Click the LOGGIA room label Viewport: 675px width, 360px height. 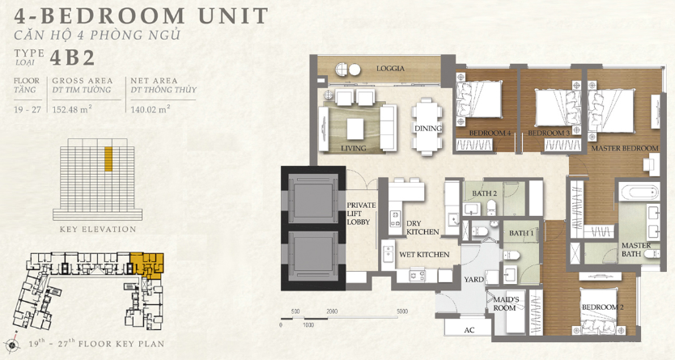(390, 69)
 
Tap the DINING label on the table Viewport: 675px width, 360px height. (428, 128)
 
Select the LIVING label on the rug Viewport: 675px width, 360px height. (354, 148)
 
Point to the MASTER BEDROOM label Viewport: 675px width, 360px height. (625, 148)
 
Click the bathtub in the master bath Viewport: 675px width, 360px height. (639, 192)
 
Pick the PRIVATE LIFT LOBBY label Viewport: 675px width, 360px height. (361, 214)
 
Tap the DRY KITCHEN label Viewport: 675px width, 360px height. (422, 227)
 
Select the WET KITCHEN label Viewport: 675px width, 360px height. (424, 254)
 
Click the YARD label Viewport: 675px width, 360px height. (473, 280)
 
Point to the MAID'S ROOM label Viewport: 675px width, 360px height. (505, 303)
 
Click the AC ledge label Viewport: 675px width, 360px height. (469, 330)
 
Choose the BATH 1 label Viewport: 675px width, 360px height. (521, 233)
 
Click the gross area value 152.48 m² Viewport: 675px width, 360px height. (72, 109)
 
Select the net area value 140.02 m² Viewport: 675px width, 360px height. (151, 109)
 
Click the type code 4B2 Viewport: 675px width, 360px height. (72, 57)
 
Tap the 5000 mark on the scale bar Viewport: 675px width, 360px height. (402, 311)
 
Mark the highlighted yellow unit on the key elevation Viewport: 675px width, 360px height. (108, 159)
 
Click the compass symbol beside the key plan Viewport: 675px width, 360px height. (11, 344)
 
